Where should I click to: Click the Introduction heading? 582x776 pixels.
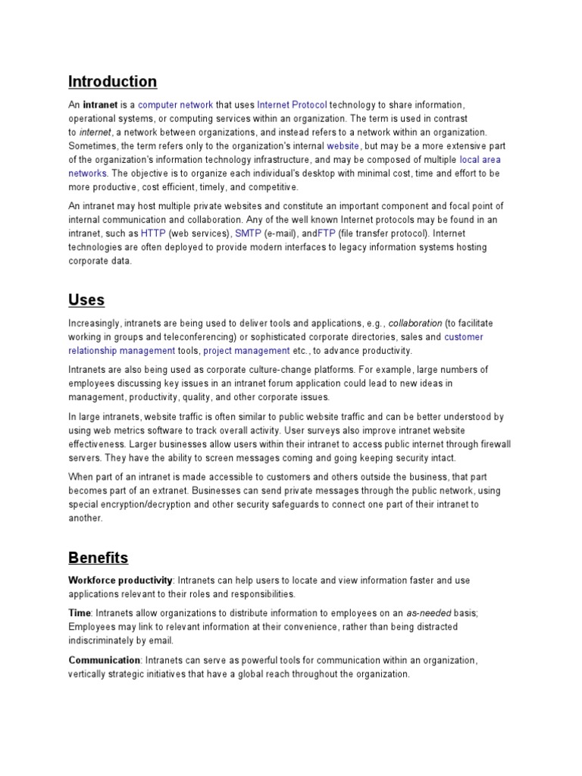point(113,82)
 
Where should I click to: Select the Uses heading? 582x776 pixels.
point(86,300)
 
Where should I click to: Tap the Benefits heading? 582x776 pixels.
point(98,559)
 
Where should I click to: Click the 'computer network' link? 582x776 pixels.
point(175,105)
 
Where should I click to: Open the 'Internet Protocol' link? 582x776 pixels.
point(292,105)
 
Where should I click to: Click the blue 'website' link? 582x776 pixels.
point(343,146)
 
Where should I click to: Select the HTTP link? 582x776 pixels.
point(153,233)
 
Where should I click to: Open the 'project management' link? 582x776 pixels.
point(246,351)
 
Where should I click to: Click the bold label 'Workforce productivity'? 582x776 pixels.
point(120,580)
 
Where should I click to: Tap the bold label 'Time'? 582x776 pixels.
point(80,613)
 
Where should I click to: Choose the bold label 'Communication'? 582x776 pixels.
point(105,661)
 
